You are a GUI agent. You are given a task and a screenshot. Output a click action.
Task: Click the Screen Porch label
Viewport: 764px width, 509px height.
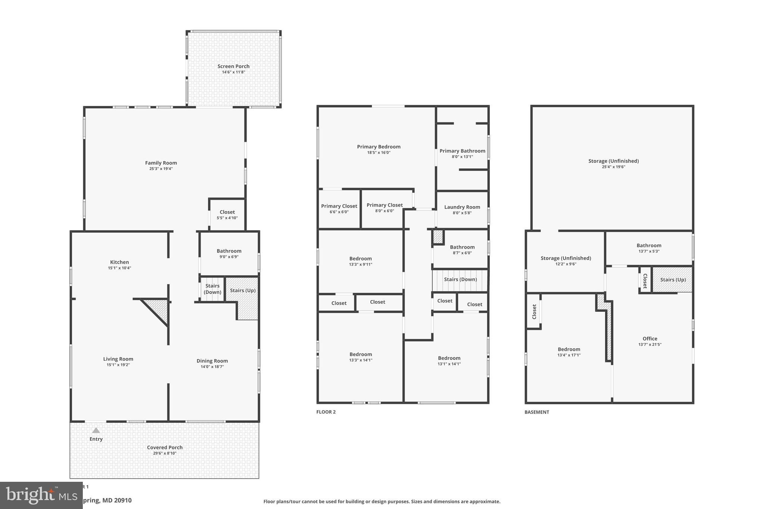click(x=234, y=66)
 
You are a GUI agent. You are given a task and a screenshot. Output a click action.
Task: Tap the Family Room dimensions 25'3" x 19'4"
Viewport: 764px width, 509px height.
click(x=161, y=169)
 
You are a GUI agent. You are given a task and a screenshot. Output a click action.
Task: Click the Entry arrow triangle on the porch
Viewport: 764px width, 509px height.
click(x=96, y=430)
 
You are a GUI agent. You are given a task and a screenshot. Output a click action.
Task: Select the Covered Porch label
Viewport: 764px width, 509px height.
click(x=165, y=447)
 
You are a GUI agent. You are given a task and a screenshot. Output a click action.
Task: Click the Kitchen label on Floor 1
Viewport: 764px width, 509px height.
click(x=119, y=262)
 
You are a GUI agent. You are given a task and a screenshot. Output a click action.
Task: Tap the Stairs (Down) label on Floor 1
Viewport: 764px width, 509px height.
click(x=212, y=289)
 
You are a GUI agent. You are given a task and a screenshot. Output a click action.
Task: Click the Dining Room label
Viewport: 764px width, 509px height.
click(x=212, y=361)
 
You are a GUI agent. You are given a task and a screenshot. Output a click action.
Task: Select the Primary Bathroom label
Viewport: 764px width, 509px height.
click(x=462, y=151)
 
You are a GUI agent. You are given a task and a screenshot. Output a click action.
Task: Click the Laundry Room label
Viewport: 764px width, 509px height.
click(x=462, y=207)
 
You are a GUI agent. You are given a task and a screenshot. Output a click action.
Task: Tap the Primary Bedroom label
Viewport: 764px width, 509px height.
click(x=379, y=147)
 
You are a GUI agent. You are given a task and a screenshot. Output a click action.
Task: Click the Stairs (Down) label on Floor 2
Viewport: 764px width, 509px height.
click(x=460, y=279)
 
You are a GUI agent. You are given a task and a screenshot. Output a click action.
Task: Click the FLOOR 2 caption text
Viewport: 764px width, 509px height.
click(x=326, y=412)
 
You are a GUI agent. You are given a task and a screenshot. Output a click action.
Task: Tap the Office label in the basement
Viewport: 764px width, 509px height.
click(x=649, y=339)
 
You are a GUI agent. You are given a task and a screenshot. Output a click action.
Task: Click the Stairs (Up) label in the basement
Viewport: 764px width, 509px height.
click(x=673, y=280)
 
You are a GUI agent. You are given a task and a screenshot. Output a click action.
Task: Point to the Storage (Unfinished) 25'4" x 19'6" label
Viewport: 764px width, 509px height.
click(x=613, y=161)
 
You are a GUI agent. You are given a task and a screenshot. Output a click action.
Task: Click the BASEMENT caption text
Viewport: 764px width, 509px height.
click(x=536, y=412)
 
